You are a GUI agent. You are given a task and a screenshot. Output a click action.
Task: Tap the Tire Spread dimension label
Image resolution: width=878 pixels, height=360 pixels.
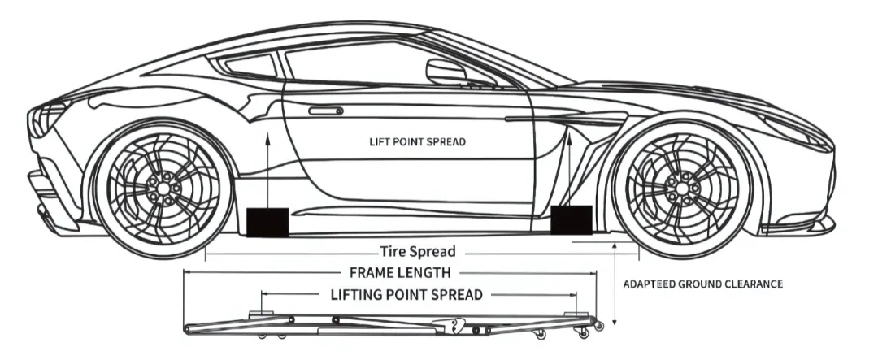pos(417,251)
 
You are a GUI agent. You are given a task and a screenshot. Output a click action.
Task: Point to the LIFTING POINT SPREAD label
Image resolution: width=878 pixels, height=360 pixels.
pos(406,293)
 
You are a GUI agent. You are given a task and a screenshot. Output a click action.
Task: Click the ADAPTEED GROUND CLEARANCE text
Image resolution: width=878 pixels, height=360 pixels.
pos(702,284)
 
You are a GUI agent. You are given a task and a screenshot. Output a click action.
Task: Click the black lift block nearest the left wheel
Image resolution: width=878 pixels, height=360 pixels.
pos(267,222)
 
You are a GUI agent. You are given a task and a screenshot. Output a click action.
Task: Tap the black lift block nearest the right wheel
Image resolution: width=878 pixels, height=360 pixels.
pos(571,219)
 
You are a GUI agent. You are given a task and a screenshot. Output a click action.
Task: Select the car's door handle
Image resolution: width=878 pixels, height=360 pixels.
pos(325,111)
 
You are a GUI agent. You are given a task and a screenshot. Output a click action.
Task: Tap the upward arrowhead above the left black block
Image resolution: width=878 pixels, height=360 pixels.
pos(267,140)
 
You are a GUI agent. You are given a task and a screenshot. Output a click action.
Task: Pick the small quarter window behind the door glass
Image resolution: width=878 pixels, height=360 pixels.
pos(249,64)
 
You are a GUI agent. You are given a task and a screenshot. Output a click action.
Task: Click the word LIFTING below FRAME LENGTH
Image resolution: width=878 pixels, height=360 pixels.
pos(359,293)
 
